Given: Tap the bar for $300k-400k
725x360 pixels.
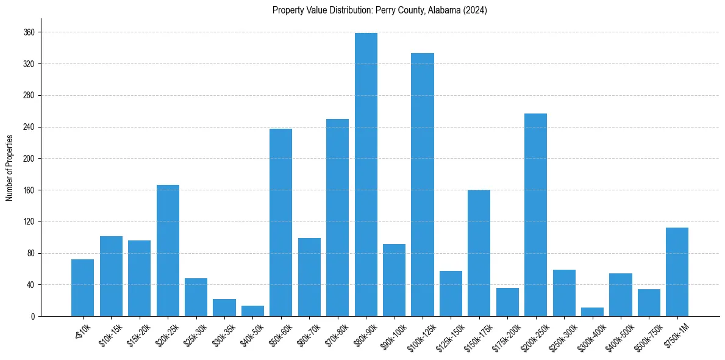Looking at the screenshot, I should [592, 312].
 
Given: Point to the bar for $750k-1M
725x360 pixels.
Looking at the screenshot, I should [677, 272].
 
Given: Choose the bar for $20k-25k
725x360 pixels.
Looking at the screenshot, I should [168, 250].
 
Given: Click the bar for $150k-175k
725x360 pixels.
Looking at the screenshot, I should [479, 253].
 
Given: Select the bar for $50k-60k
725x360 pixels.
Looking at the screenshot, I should [280, 222].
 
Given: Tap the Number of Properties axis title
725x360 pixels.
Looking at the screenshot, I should [9, 168].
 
